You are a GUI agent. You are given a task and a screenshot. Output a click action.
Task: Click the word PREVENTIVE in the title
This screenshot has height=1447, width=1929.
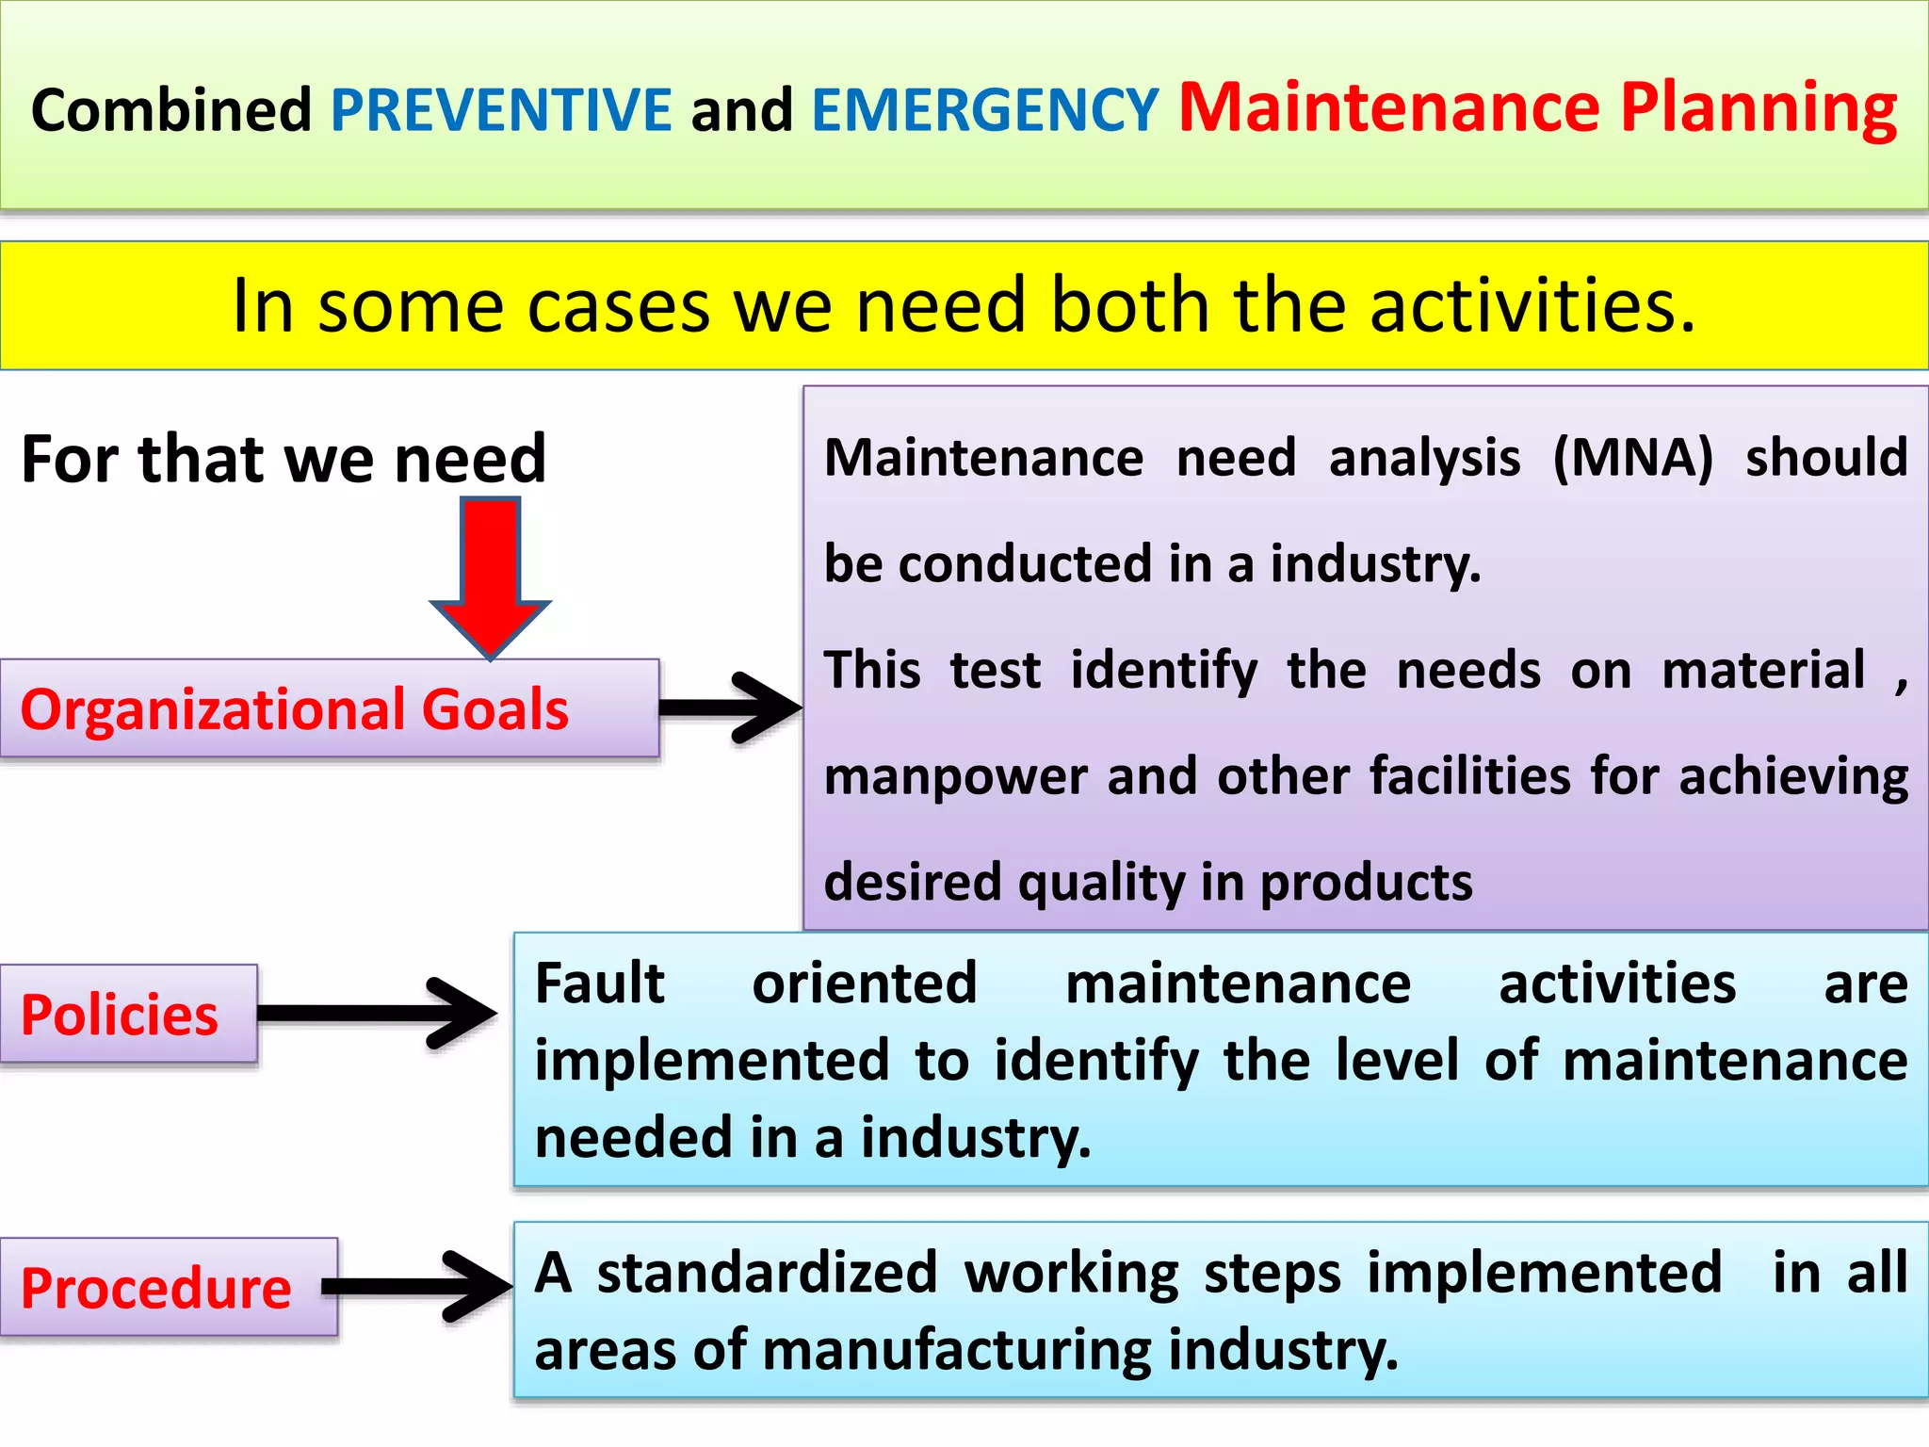(501, 110)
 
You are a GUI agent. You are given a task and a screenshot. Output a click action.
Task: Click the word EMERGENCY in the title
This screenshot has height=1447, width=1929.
(984, 110)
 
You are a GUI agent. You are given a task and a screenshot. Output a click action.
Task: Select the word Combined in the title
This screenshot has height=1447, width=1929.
(171, 110)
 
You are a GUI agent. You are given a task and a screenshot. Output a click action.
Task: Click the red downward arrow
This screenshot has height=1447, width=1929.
(490, 575)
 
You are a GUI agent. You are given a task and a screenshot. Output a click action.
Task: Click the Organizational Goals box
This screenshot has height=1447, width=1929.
(329, 709)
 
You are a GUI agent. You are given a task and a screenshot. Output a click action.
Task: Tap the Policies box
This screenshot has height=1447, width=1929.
(128, 1015)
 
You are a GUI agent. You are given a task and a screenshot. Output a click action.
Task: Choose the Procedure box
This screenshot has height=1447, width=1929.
(168, 1288)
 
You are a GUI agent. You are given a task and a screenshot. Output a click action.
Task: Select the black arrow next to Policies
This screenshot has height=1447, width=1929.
(377, 1014)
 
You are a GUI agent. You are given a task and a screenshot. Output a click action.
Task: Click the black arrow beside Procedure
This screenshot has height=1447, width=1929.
(419, 1287)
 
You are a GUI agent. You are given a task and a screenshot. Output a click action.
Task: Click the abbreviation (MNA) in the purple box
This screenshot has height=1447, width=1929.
(1632, 459)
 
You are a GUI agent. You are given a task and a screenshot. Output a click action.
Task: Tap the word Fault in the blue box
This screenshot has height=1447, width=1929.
(600, 984)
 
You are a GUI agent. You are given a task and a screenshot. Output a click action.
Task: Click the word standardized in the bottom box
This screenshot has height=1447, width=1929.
(767, 1273)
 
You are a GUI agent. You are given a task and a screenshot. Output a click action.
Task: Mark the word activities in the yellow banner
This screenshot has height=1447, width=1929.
(1532, 306)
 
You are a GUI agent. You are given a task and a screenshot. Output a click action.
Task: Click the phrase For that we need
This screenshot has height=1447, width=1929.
(284, 460)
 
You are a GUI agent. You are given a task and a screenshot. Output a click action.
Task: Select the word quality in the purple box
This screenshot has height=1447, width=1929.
(1100, 884)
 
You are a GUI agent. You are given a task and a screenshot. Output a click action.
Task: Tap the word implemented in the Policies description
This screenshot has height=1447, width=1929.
(712, 1061)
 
